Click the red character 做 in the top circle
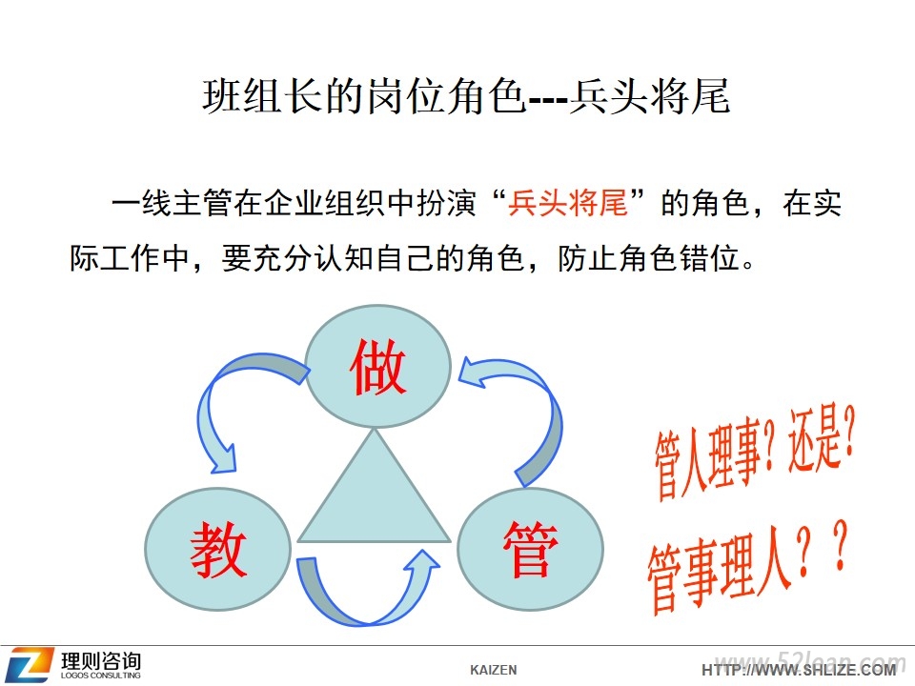point(377,367)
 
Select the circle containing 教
point(217,550)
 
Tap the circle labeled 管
point(530,550)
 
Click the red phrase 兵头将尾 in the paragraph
point(567,204)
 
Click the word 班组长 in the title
point(263,96)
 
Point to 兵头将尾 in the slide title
point(649,96)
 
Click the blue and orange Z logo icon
point(30,664)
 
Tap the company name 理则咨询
point(101,661)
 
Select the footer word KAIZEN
point(493,670)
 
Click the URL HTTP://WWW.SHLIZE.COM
point(799,670)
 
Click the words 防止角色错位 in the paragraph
point(649,258)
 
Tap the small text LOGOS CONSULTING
point(100,676)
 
